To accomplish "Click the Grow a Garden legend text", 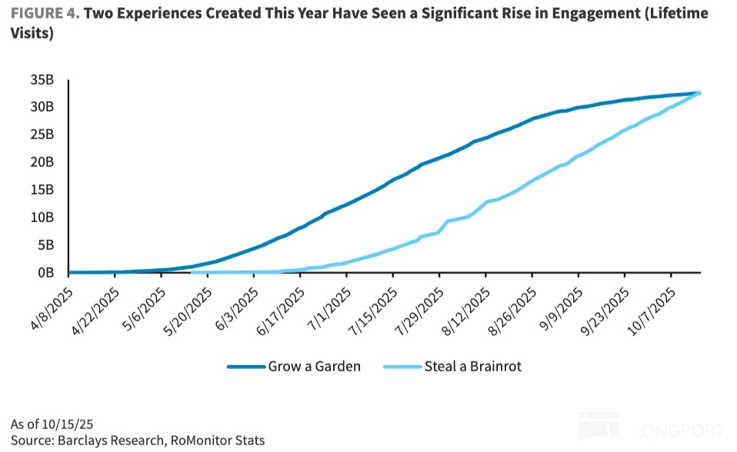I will pyautogui.click(x=314, y=367).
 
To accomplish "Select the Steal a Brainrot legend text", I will pyautogui.click(x=472, y=367).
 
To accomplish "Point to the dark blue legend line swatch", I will pyautogui.click(x=245, y=367).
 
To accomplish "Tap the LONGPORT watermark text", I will pyautogui.click(x=677, y=430).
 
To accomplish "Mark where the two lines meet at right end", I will pyautogui.click(x=699, y=93).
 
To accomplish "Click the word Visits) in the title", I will pyautogui.click(x=31, y=35).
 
